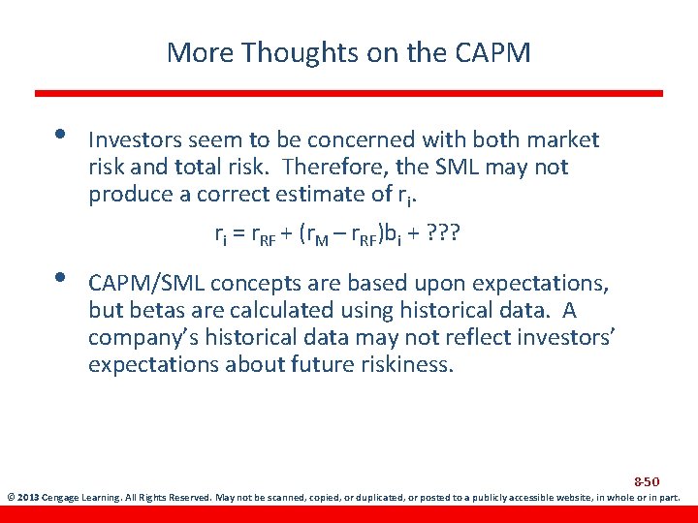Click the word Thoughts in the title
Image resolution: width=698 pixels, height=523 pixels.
click(x=281, y=51)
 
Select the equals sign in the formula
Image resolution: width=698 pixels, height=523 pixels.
click(x=238, y=233)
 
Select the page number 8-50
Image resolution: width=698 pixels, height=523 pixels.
click(x=647, y=481)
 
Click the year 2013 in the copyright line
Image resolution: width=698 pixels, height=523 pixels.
click(x=32, y=499)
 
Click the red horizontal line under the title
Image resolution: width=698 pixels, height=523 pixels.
click(x=349, y=93)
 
